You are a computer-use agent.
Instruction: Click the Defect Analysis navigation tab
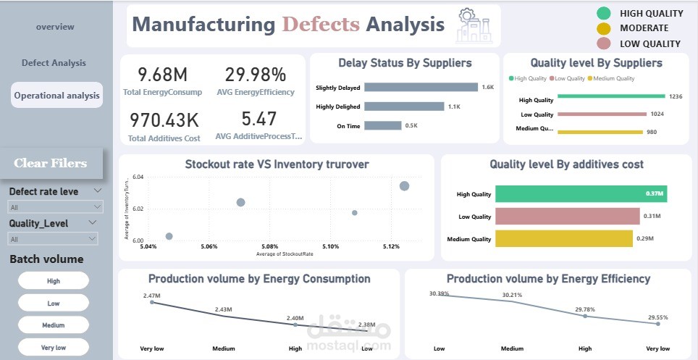point(54,63)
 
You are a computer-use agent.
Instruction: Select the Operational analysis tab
point(57,95)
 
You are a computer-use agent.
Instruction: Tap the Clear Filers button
point(51,163)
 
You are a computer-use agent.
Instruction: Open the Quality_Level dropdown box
point(54,238)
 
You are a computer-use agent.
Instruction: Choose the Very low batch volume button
point(54,347)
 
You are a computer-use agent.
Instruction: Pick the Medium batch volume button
point(54,325)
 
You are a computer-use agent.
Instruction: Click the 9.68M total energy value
point(163,74)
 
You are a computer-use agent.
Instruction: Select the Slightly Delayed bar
point(421,88)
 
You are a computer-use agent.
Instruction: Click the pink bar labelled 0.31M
point(567,216)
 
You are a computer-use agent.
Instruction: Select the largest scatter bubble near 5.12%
point(404,186)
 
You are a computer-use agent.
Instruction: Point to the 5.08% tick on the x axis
point(270,246)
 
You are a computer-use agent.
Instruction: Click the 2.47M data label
point(152,295)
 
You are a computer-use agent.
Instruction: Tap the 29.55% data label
point(657,317)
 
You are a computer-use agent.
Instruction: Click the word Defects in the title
point(320,25)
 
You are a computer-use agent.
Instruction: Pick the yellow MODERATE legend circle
point(603,28)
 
